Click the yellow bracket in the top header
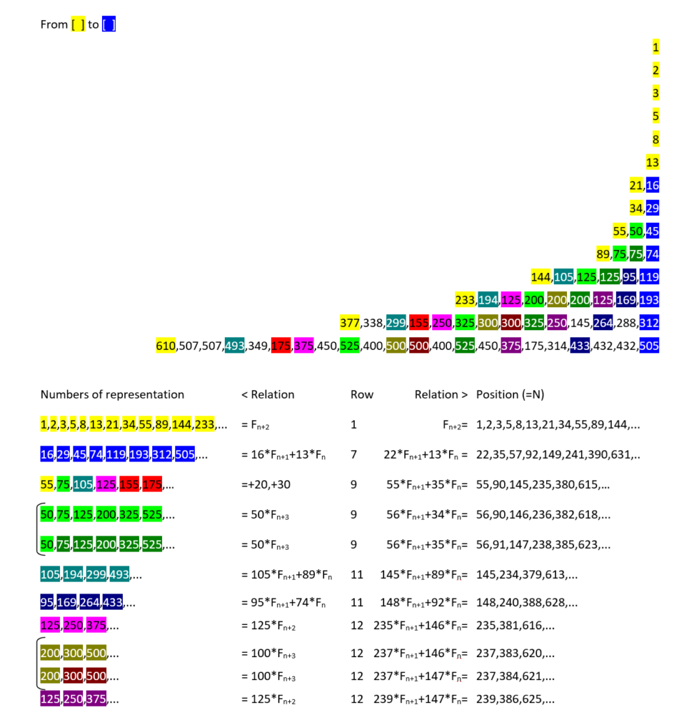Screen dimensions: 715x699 click(78, 24)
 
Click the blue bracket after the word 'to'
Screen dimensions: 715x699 click(108, 24)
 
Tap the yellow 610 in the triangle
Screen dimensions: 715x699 click(166, 346)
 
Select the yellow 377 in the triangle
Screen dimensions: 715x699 click(349, 323)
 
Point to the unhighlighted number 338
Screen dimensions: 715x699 click(374, 323)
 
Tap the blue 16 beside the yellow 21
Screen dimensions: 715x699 click(652, 185)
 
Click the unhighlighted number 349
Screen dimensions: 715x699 click(258, 346)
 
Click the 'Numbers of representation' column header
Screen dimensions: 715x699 click(112, 395)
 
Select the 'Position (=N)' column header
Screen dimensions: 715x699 click(510, 395)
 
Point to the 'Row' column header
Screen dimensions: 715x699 click(362, 395)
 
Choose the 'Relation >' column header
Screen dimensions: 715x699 click(441, 395)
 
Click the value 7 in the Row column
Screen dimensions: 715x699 click(354, 455)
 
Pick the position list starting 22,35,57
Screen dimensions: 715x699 click(558, 455)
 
